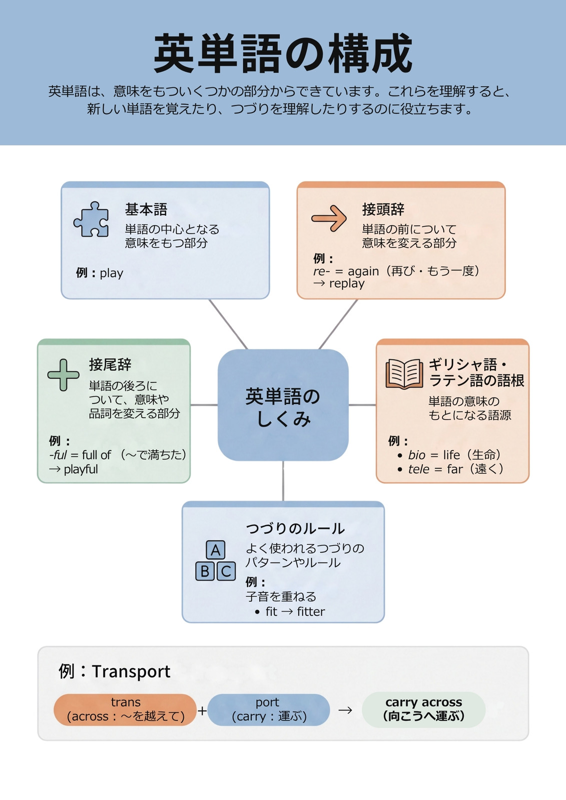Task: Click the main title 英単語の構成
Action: click(x=283, y=53)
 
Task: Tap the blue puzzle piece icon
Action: click(x=91, y=219)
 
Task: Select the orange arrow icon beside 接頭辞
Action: click(x=329, y=218)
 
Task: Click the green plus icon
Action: click(x=63, y=374)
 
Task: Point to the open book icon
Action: click(x=404, y=373)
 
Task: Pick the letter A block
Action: click(x=216, y=550)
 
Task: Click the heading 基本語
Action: click(x=146, y=209)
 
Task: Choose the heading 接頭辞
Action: click(x=383, y=209)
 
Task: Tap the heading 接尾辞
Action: click(x=110, y=364)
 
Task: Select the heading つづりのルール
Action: click(x=295, y=528)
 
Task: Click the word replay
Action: click(x=347, y=283)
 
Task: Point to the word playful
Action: click(x=81, y=469)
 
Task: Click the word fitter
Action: click(x=311, y=611)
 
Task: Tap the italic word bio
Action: click(x=416, y=455)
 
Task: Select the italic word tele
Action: click(x=419, y=469)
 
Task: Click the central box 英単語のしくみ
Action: click(x=283, y=405)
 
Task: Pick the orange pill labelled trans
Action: click(x=125, y=709)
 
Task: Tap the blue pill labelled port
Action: click(x=269, y=709)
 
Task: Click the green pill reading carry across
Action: click(x=424, y=709)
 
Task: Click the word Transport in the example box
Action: click(x=131, y=672)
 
